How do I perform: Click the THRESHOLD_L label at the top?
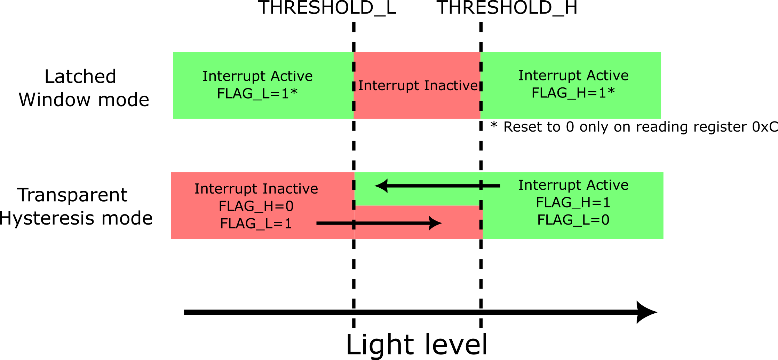tap(327, 8)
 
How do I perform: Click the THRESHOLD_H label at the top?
tap(507, 8)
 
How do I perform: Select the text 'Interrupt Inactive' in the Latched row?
tap(418, 85)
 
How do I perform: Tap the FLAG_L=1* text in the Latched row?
tap(257, 93)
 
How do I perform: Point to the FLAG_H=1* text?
tap(573, 93)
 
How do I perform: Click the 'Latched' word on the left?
tap(80, 77)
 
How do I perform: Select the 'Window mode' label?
tap(84, 100)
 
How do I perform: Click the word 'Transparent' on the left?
tap(72, 195)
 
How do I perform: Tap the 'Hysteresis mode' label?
tap(76, 218)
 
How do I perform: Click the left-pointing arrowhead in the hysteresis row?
tap(382, 186)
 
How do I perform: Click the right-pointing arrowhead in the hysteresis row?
tap(435, 223)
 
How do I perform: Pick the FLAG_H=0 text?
tap(256, 206)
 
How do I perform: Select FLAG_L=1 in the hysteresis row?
tap(256, 224)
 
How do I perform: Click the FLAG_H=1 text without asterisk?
tap(573, 202)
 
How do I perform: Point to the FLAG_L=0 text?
tap(573, 220)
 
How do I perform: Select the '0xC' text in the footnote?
tap(764, 127)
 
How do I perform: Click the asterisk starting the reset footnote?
tap(494, 125)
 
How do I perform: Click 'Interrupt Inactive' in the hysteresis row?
tap(256, 189)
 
